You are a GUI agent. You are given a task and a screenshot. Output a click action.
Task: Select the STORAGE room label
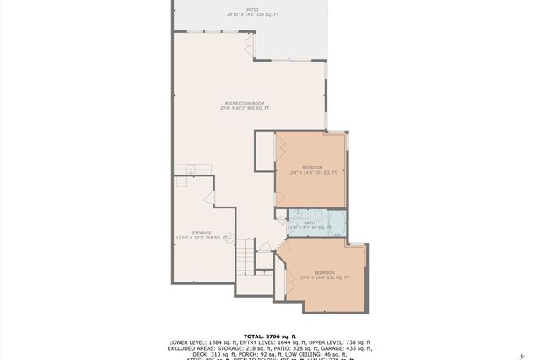tap(201, 233)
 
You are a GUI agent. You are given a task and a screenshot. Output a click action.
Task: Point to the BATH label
tap(308, 223)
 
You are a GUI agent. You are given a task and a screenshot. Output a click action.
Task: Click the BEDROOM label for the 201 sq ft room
tap(311, 168)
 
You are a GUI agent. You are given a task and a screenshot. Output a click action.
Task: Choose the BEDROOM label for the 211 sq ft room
tap(324, 272)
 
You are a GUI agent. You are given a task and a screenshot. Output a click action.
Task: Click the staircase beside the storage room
tap(244, 255)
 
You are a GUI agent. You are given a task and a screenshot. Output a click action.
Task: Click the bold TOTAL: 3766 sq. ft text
tap(270, 336)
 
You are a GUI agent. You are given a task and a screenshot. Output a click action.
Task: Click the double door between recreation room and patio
tap(250, 41)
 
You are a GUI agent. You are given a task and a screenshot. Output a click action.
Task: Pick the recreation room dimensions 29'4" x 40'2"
tap(245, 109)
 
